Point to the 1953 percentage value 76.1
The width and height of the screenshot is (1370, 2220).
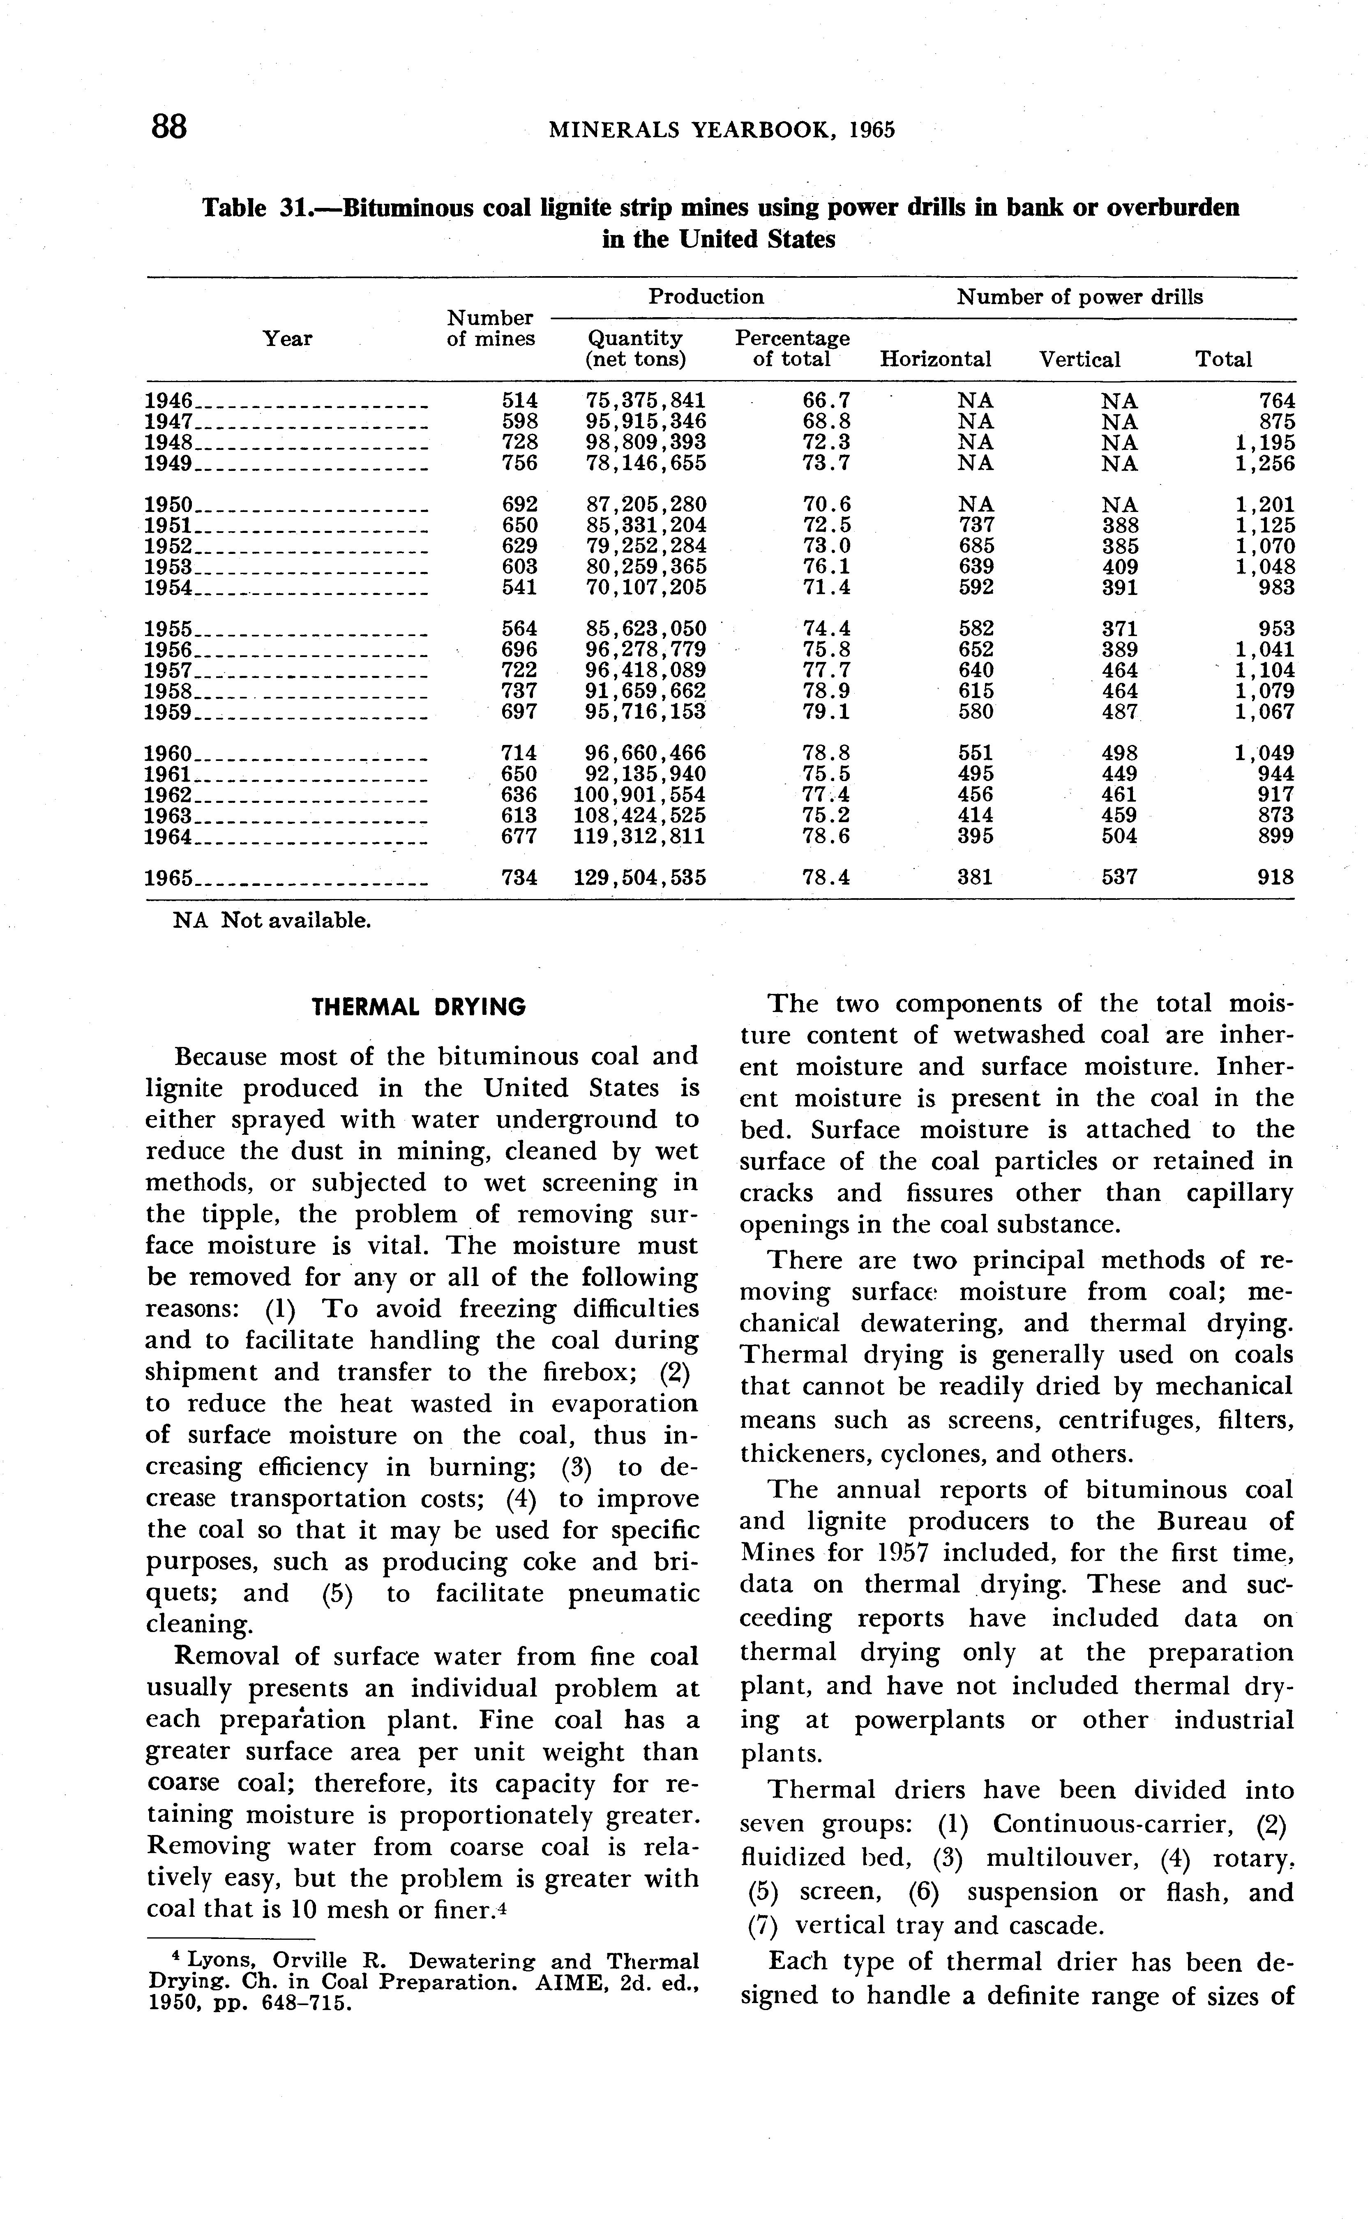tap(826, 567)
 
